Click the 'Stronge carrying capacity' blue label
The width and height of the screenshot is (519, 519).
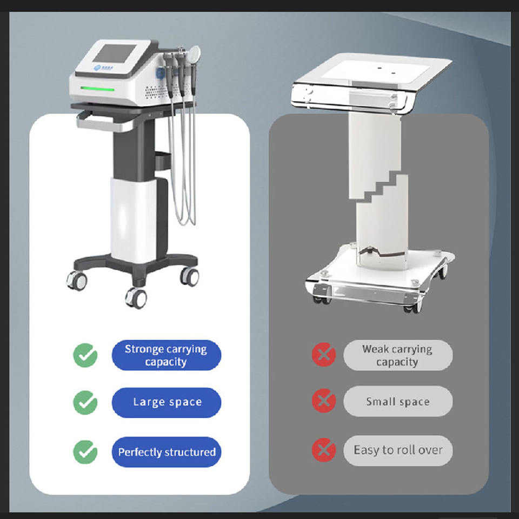[x=166, y=355]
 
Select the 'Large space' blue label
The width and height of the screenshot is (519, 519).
[x=166, y=402]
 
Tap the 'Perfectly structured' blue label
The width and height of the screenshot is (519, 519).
[x=166, y=452]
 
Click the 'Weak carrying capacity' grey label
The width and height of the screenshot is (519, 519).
[x=397, y=355]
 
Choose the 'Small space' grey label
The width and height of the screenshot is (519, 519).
[x=397, y=401]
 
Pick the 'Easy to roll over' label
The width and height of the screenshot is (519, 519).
[x=397, y=450]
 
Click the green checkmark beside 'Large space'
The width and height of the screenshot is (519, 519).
[x=85, y=402]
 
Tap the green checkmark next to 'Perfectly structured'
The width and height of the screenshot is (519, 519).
[x=85, y=452]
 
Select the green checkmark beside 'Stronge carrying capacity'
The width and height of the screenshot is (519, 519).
[x=85, y=355]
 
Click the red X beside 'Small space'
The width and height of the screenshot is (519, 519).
[x=324, y=401]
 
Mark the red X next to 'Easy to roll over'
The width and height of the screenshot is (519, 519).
[x=324, y=450]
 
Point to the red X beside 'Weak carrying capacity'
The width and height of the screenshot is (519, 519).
[x=324, y=355]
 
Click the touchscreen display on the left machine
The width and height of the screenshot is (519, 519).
[x=114, y=54]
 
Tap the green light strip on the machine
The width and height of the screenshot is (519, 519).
[x=97, y=88]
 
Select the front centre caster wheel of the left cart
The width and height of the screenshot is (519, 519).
[x=136, y=298]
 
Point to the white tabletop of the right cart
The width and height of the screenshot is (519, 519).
[x=374, y=71]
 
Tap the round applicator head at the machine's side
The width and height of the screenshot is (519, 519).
[x=195, y=52]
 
